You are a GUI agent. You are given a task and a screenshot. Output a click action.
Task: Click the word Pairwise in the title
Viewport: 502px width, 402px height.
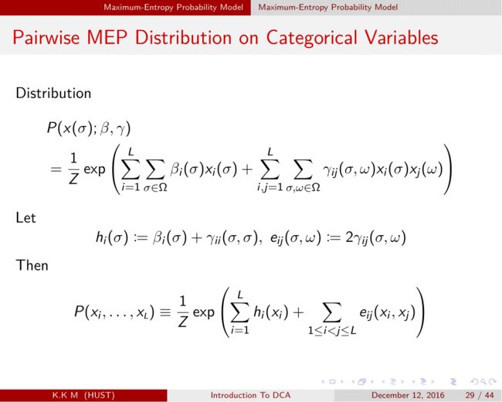tap(46, 38)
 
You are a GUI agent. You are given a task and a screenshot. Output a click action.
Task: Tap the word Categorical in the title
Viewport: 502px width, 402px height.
tap(311, 39)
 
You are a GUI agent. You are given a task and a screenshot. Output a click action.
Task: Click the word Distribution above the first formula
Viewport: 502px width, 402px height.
tap(53, 94)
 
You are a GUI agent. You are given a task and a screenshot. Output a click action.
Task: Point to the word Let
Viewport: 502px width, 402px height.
tap(25, 218)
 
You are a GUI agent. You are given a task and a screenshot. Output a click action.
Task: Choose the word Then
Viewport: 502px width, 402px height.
tap(32, 265)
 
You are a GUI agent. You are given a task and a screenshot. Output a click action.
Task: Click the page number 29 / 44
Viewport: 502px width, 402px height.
tap(480, 395)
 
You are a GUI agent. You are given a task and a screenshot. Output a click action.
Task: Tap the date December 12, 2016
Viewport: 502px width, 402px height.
tap(408, 395)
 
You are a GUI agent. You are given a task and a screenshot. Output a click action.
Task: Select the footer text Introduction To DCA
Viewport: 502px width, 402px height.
tap(250, 395)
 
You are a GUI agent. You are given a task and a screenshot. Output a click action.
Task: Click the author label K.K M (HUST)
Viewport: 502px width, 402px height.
tap(83, 395)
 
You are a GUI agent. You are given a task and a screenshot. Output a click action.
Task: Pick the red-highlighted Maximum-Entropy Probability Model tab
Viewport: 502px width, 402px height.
tap(173, 7)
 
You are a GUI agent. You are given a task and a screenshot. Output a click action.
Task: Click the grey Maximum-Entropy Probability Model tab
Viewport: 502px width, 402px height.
tap(328, 7)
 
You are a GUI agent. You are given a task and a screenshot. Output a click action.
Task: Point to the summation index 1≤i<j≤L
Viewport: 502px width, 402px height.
tap(332, 330)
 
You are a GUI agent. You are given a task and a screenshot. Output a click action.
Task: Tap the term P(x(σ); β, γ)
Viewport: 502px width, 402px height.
tap(89, 129)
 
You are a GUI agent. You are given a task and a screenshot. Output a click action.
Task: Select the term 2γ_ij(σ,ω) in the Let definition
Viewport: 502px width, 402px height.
tap(375, 238)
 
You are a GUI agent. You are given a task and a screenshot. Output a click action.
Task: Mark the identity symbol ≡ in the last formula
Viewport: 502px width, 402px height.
tap(165, 312)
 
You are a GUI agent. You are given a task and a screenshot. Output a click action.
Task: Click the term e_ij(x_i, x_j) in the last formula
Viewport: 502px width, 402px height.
tap(388, 312)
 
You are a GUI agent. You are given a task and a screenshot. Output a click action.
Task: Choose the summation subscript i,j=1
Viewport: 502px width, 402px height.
tap(270, 187)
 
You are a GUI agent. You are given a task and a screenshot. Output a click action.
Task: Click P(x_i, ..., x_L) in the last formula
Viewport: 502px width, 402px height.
tap(114, 312)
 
